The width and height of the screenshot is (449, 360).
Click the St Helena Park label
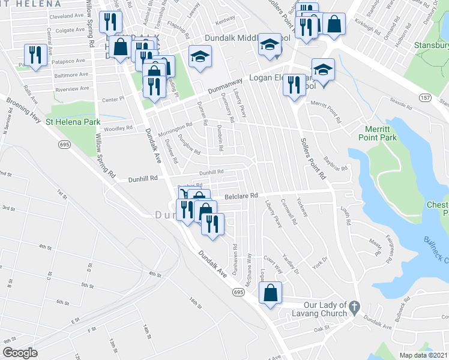coord(73,121)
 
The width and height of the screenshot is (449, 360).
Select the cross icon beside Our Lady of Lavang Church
coord(355,306)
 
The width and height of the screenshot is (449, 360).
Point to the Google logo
coord(20,353)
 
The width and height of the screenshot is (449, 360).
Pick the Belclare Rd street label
coord(241,196)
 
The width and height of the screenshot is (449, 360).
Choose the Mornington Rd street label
coord(175,128)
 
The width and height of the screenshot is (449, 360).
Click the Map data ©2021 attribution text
coord(424,355)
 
